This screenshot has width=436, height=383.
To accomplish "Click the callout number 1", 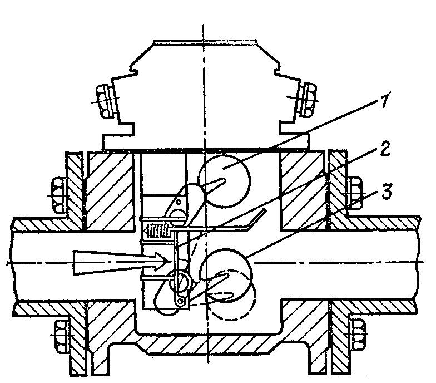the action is click(x=384, y=100).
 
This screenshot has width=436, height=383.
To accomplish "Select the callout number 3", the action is click(x=387, y=191).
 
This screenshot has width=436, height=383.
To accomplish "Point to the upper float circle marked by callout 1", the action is click(x=224, y=181).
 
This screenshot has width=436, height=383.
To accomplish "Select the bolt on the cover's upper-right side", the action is click(x=307, y=99).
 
